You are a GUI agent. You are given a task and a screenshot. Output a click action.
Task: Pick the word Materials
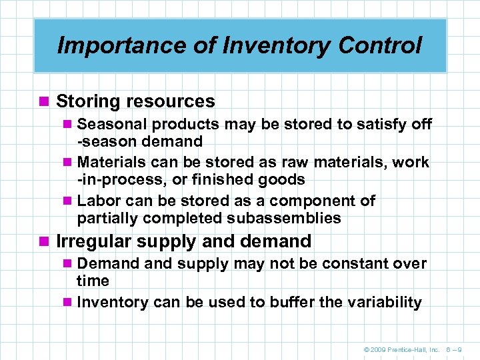tap(111, 163)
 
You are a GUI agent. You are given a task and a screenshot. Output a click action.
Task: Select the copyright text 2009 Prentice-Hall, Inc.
tap(405, 348)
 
